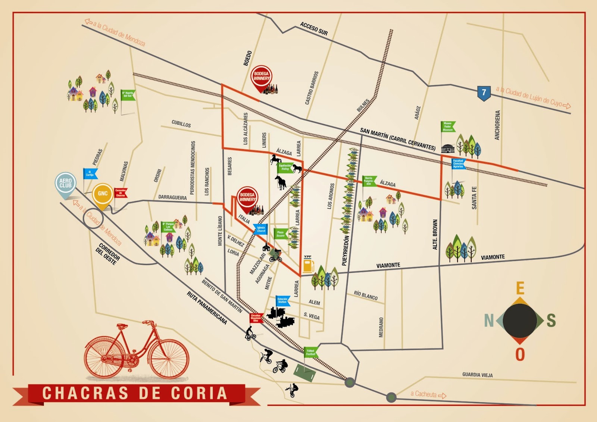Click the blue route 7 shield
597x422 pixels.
tap(484, 93)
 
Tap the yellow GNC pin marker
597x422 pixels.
tap(103, 194)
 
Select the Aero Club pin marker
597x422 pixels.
tap(65, 183)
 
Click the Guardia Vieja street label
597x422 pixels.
tap(477, 375)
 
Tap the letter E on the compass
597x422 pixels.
tap(520, 288)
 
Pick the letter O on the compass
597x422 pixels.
tap(520, 354)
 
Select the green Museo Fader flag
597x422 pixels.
tap(448, 126)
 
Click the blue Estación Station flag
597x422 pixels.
tap(282, 301)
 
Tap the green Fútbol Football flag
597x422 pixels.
tap(310, 352)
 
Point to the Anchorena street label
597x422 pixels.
tap(497, 125)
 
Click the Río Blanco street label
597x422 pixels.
tap(366, 296)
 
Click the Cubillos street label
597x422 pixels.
tap(181, 124)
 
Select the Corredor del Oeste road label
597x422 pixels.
tap(107, 254)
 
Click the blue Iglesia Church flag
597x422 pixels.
tap(261, 229)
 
